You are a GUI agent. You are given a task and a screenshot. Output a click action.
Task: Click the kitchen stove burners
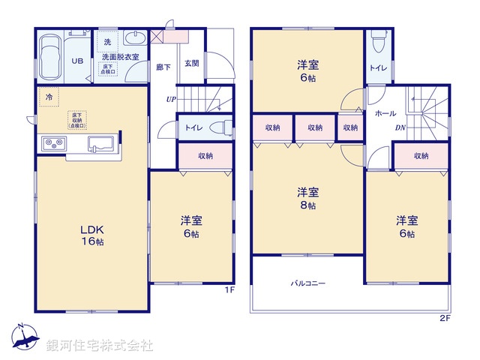pyautogui.click(x=54, y=142)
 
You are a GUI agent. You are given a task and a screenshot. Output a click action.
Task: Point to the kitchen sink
pyautogui.click(x=100, y=143)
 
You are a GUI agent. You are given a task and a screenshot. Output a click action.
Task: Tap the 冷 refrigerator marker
pyautogui.click(x=49, y=97)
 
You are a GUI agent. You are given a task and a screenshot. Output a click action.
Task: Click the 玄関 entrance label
pyautogui.click(x=190, y=64)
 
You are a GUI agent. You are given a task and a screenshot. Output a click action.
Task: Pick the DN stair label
pyautogui.click(x=400, y=127)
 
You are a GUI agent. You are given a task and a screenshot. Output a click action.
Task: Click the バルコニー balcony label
pyautogui.click(x=308, y=284)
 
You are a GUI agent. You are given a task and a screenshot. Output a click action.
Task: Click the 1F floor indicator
pyautogui.click(x=231, y=289)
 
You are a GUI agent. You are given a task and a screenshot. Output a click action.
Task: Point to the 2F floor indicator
pyautogui.click(x=445, y=318)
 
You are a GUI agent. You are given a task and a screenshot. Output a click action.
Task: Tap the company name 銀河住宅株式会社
pyautogui.click(x=99, y=346)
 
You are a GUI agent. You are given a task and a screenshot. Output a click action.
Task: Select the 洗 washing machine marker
pyautogui.click(x=107, y=40)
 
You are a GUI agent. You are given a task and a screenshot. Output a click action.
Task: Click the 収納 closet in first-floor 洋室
pyautogui.click(x=205, y=156)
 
